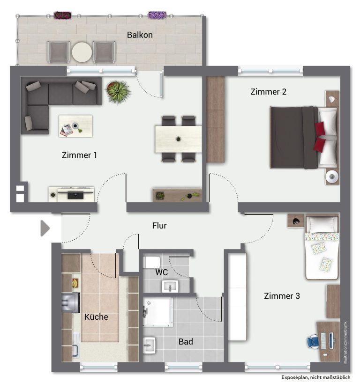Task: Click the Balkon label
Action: pos(140,35)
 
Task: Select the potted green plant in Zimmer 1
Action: pos(118,92)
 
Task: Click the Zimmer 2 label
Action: pos(268,92)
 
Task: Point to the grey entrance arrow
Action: pos(45,228)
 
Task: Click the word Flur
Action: pos(159,226)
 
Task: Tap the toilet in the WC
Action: pos(152,262)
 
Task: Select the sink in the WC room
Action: pos(170,286)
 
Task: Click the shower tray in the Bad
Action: pos(157,312)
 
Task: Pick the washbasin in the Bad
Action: pos(149,345)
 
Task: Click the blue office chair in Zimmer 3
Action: pos(313,342)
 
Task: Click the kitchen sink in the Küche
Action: pos(76,345)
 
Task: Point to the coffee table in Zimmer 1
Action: pos(75,126)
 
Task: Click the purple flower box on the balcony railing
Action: pos(157,15)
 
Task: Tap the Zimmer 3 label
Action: pos(282,296)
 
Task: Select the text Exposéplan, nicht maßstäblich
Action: pos(315,377)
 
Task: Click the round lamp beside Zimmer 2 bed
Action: pos(332,177)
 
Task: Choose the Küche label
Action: pos(96,316)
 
